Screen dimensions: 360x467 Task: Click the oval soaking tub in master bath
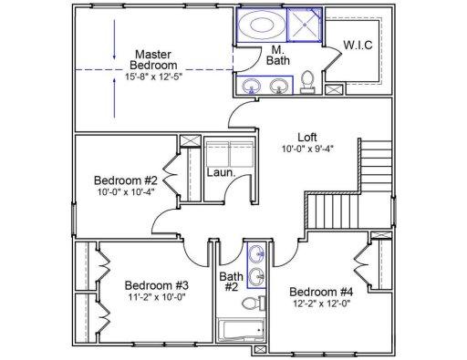262,25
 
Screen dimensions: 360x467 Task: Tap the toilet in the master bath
307,82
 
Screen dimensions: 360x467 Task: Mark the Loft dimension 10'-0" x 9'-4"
308,149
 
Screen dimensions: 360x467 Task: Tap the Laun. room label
221,171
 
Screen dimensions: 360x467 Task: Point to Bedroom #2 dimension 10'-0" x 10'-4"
127,191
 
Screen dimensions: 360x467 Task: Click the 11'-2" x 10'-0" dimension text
156,296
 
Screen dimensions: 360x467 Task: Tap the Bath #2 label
232,280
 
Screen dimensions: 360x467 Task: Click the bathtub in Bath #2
241,329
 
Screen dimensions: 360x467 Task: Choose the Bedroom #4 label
321,292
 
